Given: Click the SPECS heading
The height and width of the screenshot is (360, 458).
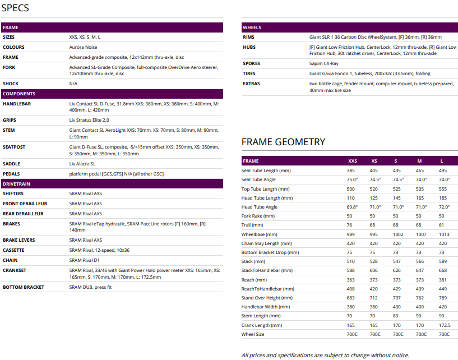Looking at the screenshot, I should tap(16, 8).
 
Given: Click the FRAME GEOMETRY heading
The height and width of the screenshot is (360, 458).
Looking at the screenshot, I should tap(283, 142).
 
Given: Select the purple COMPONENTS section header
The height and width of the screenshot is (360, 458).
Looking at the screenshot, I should tap(19, 94).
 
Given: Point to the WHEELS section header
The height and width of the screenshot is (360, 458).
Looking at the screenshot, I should tap(252, 27).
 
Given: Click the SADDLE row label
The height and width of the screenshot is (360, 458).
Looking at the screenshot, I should tap(12, 164).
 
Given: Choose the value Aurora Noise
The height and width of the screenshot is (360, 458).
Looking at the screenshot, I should tap(84, 47).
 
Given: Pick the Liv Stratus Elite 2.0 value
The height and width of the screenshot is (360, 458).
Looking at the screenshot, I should tap(89, 120).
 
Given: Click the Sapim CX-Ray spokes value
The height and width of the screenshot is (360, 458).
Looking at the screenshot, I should tap(325, 64).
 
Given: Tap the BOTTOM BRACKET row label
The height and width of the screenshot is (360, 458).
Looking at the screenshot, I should tap(24, 287).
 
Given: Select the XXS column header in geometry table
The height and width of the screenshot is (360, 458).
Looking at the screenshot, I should tap(352, 161).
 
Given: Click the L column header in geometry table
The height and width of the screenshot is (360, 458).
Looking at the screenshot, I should tap(442, 161).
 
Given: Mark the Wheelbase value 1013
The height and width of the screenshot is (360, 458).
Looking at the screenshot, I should tap(444, 234).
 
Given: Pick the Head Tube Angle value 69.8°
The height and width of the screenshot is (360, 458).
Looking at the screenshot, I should tap(352, 207).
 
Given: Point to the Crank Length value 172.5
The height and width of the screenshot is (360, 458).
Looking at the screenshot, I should tap(444, 325).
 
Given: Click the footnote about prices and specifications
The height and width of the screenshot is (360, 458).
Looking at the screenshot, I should tap(325, 355).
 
